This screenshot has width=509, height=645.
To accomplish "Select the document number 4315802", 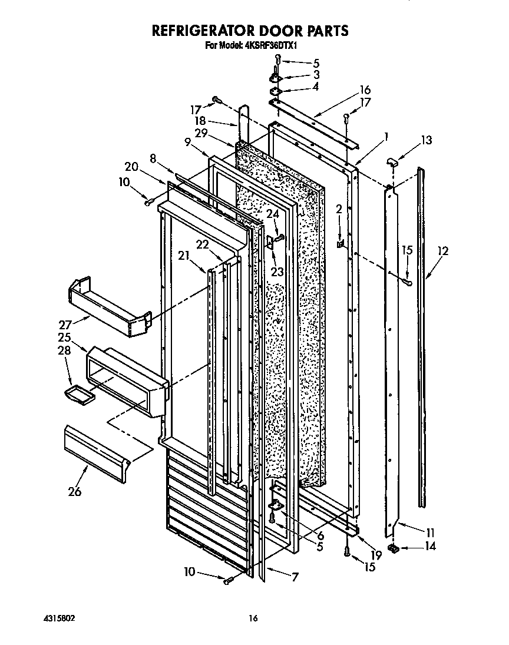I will point(58,618).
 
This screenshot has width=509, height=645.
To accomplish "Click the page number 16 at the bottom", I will point(253,618).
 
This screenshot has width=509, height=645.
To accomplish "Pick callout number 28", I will point(63,350).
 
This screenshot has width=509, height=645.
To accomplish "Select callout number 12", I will point(442,252).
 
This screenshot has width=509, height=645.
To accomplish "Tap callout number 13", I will point(425,140).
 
